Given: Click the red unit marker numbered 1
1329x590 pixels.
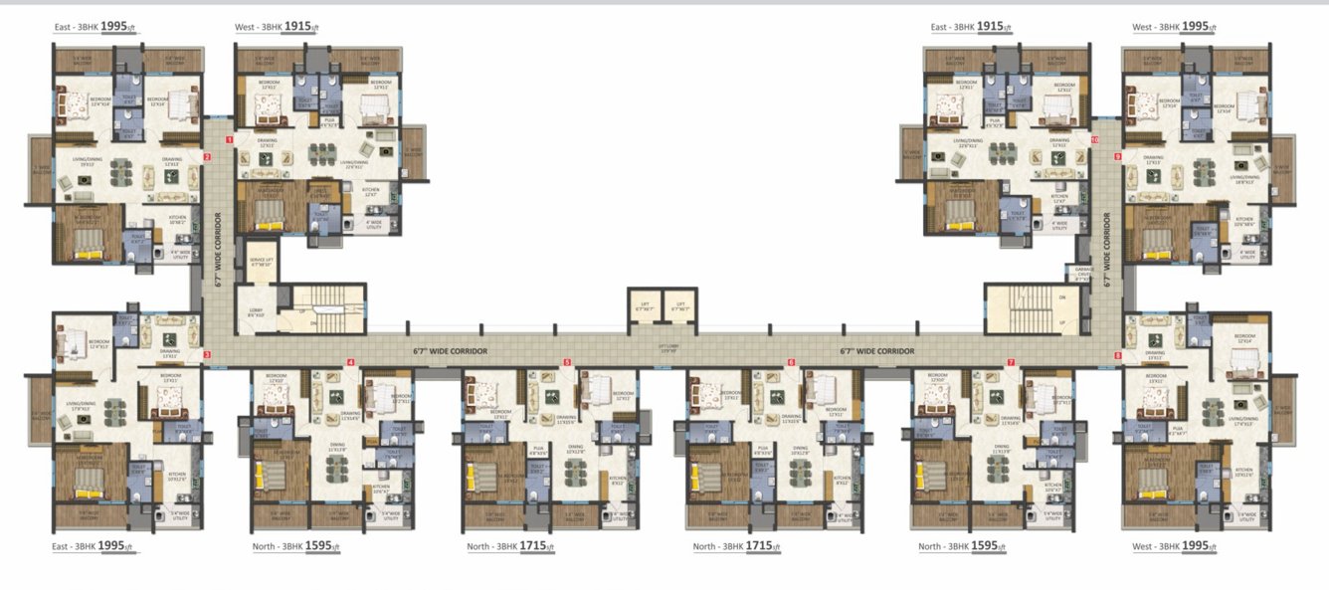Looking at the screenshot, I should (230, 140).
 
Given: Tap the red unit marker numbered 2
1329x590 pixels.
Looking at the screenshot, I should (207, 156).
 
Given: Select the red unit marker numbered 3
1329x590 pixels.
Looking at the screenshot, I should (207, 353).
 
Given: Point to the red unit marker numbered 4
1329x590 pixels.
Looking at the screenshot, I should (350, 362).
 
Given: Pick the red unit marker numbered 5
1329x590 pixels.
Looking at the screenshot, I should (567, 362).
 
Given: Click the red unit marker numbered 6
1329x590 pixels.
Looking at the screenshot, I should (792, 362).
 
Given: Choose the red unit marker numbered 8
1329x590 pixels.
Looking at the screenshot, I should (1117, 354).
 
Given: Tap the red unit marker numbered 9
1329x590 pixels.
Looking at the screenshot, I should (1117, 156).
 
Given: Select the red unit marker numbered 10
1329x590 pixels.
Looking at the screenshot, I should (1094, 140).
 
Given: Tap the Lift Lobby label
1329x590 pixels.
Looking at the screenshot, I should (667, 348).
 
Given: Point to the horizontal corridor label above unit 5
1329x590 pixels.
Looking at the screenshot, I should (450, 351).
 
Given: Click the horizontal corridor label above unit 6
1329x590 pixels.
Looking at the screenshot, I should (876, 351).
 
